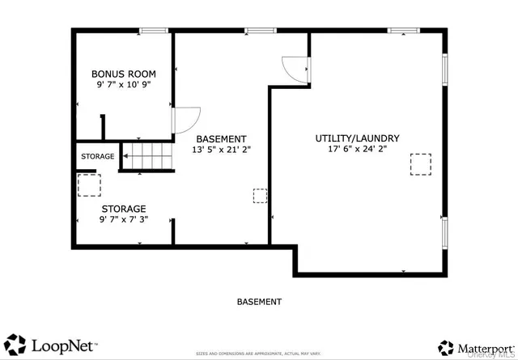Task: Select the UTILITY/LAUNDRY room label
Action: click(357, 138)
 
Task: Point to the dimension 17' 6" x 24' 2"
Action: click(357, 150)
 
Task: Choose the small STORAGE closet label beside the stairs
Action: click(96, 156)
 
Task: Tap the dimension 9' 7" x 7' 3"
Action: click(123, 219)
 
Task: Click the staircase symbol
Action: click(147, 155)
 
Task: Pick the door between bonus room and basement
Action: click(183, 121)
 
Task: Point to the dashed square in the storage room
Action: click(87, 185)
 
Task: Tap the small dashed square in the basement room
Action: click(260, 196)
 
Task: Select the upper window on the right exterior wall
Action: click(444, 69)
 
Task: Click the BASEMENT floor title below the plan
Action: click(259, 302)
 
